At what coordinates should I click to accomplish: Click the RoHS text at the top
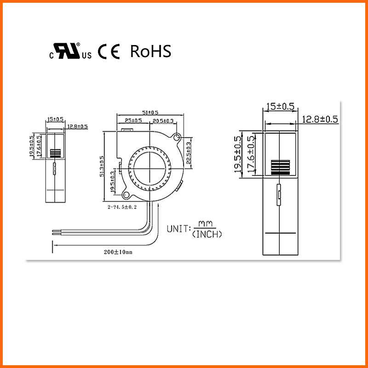coord(151,52)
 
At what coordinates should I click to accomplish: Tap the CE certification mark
coord(109,52)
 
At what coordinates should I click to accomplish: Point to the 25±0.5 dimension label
coord(133,121)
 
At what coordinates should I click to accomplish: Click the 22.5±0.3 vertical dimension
coord(188,152)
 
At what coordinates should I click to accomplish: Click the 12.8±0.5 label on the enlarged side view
coord(320,119)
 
